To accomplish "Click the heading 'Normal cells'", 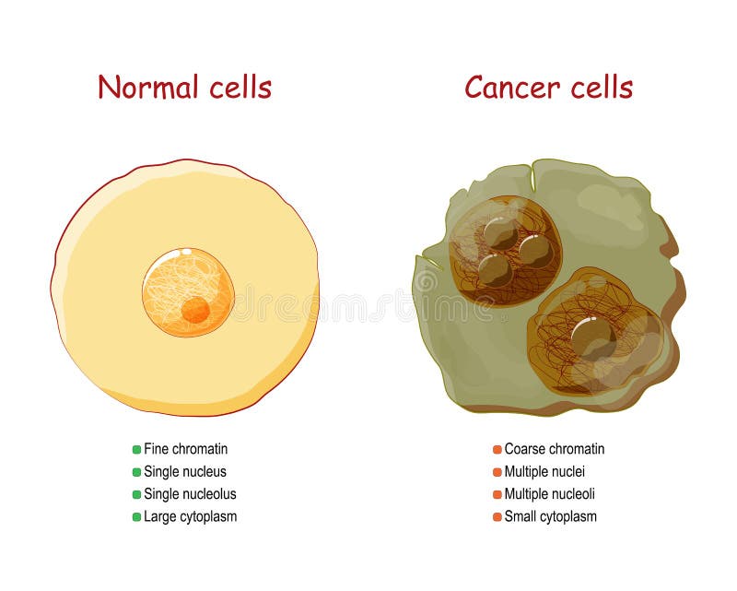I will tap(184, 88).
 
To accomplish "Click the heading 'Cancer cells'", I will tap(548, 88).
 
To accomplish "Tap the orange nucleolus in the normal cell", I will tap(194, 310).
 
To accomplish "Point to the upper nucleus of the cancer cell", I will tap(505, 250).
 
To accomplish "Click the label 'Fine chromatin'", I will tap(185, 449).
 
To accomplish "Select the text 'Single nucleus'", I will tap(184, 472).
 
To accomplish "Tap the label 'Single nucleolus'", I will tap(190, 494).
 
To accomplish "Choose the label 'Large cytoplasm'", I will tap(190, 516).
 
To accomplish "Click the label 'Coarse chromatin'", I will tap(554, 449).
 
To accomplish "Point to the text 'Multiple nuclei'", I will tap(544, 472).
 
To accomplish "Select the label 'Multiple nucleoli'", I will tap(550, 494).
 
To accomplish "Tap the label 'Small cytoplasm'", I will tap(550, 516).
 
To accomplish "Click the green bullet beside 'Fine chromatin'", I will tap(136, 450).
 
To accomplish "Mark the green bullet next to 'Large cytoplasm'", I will tap(136, 517).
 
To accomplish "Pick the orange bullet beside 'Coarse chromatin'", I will tap(497, 450).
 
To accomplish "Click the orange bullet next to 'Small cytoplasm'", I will tap(497, 517).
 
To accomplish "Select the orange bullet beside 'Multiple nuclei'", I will tap(497, 472).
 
